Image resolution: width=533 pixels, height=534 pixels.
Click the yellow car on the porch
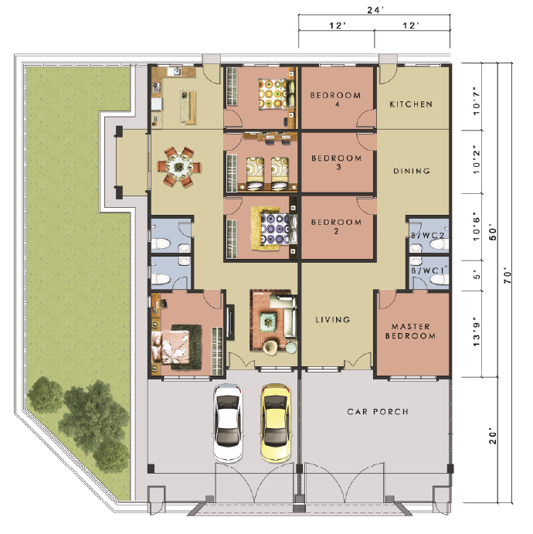[275, 423]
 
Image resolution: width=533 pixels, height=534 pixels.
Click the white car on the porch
[229, 423]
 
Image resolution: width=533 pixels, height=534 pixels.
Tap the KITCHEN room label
[411, 104]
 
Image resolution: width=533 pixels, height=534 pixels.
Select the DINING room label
[412, 171]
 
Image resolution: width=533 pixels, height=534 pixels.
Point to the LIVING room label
[332, 319]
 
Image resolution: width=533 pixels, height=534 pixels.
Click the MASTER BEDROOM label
[410, 332]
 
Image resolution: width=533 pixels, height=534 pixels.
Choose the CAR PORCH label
[378, 412]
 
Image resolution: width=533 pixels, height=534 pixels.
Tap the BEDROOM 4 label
[335, 100]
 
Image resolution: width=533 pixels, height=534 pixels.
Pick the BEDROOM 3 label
[337, 162]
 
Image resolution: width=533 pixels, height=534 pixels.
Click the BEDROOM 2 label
[336, 226]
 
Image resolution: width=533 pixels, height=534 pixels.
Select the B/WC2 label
[427, 236]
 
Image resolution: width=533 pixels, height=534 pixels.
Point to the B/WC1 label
[427, 270]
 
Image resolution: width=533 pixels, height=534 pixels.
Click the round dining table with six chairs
[178, 167]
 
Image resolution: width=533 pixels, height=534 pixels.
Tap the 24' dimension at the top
[375, 10]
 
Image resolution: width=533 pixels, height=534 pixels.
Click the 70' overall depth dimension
[507, 277]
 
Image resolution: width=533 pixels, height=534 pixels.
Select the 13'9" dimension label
[477, 334]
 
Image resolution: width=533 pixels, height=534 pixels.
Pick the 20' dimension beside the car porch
[493, 437]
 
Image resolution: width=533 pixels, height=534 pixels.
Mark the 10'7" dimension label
[477, 101]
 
